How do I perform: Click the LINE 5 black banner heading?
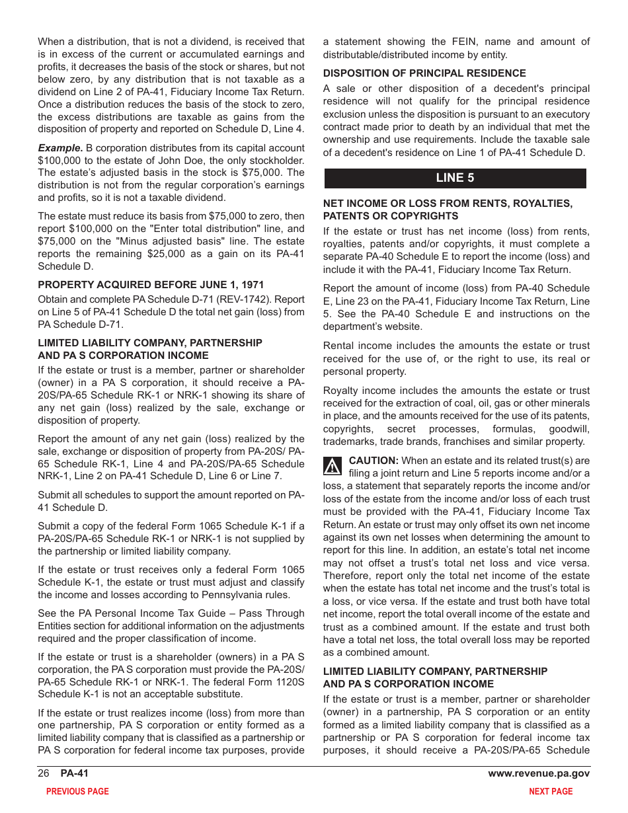tap(455, 178)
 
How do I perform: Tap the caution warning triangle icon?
tap(333, 466)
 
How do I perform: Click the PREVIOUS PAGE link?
tap(77, 791)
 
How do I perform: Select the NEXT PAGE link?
tap(551, 791)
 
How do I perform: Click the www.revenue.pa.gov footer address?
tap(539, 774)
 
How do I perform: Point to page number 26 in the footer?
tap(44, 774)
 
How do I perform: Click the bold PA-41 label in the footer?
tap(74, 774)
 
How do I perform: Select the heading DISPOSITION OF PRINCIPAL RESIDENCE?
tap(424, 73)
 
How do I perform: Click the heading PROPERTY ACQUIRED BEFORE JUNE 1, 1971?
tap(151, 285)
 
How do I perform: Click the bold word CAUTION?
tap(373, 461)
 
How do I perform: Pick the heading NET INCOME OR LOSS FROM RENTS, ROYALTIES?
tap(448, 204)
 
